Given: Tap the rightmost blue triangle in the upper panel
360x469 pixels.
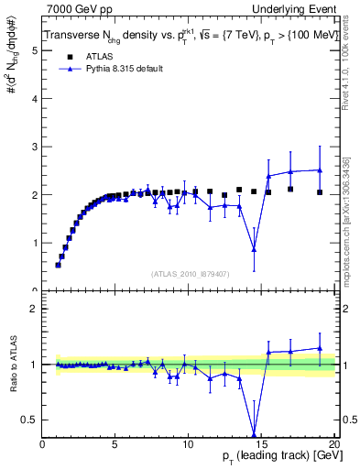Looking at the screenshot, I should point(319,169).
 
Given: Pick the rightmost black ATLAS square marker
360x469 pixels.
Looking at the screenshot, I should point(319,192).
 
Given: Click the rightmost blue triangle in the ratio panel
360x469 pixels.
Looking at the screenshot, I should point(319,348).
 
